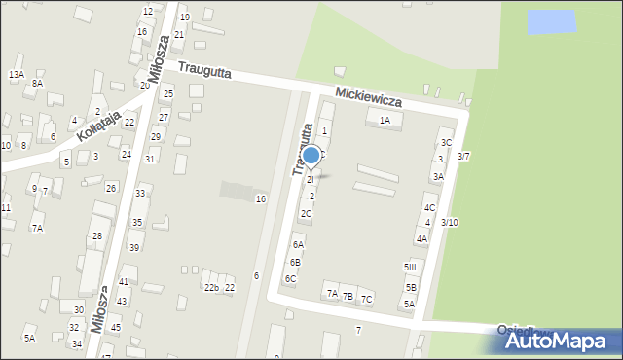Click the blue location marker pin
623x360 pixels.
[x=311, y=155]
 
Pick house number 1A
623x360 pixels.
[x=385, y=121]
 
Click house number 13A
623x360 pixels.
[x=17, y=74]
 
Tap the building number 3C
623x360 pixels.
[x=446, y=143]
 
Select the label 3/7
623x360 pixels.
[x=464, y=156]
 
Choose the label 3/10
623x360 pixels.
[x=449, y=223]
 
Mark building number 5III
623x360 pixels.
[x=410, y=267]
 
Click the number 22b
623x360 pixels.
[x=210, y=287]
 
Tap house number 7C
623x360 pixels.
[x=366, y=299]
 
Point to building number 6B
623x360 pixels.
[x=295, y=263]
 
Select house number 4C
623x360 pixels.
[x=429, y=208]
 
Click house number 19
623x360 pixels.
[x=185, y=18]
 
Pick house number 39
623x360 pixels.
[x=134, y=248]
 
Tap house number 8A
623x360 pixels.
[x=37, y=84]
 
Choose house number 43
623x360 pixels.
[x=122, y=302]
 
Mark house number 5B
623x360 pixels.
[x=411, y=287]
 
